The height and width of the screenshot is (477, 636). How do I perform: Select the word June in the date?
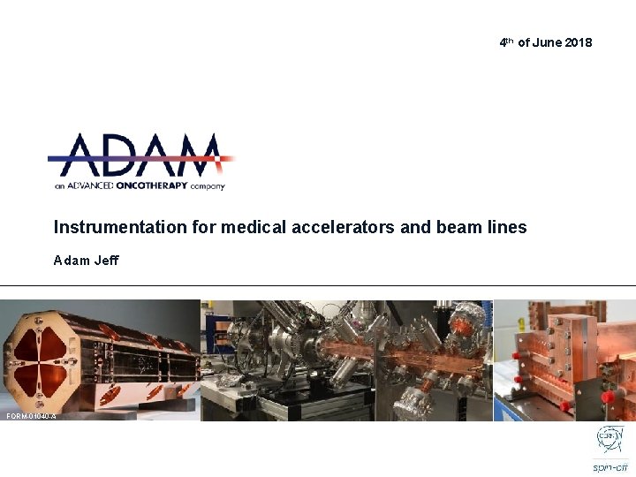click(x=545, y=42)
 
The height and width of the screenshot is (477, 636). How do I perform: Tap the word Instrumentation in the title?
click(x=120, y=227)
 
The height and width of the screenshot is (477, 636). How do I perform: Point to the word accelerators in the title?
click(x=340, y=227)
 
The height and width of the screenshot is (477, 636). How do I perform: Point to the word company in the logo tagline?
click(x=207, y=186)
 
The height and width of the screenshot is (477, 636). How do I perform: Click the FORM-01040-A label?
click(x=30, y=416)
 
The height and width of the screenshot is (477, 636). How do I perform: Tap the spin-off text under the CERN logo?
click(x=610, y=466)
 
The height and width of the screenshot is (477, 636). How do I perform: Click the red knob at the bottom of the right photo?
click(x=564, y=406)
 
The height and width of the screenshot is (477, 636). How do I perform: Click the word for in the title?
click(x=204, y=227)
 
